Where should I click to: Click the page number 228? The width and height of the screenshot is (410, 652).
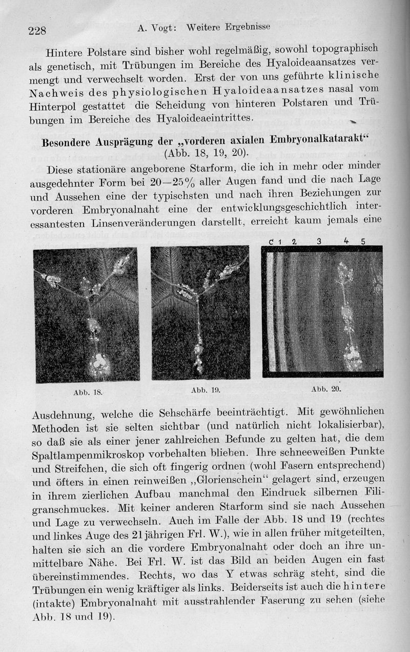(x=37, y=31)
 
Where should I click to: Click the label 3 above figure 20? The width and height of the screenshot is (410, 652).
(x=319, y=241)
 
